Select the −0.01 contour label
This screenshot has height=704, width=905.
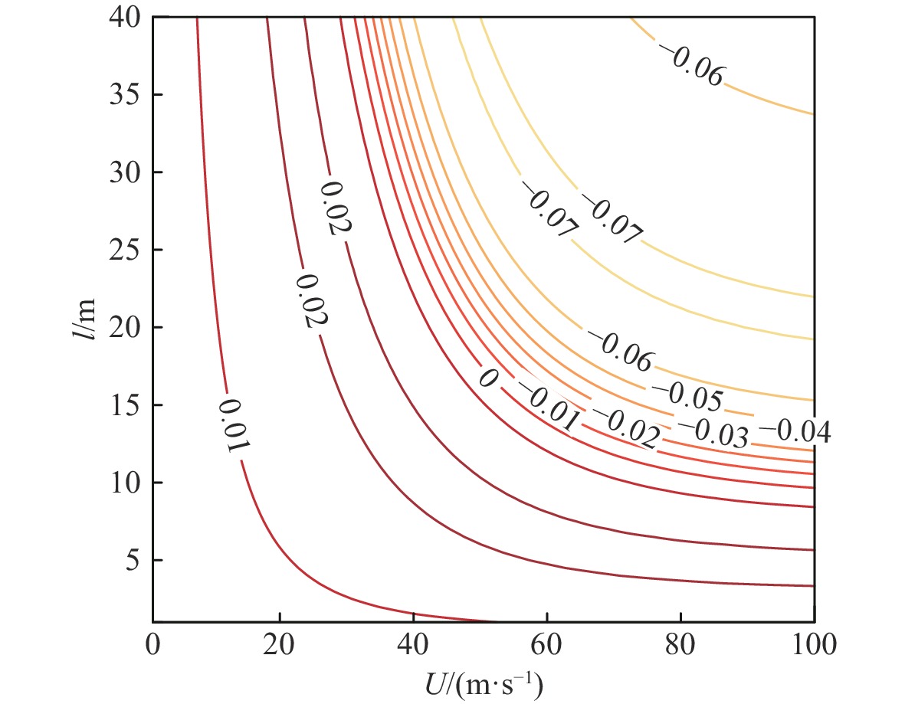[546, 404]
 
